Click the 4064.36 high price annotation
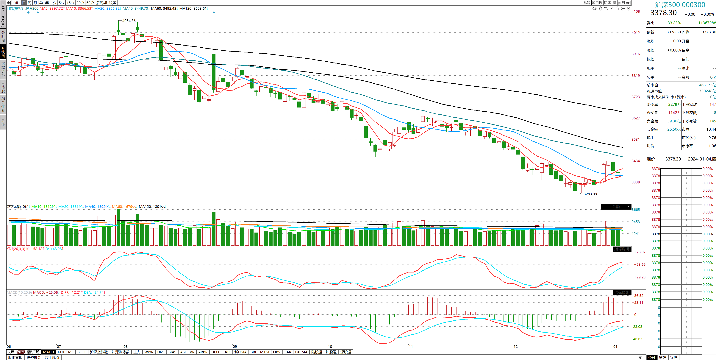(x=129, y=21)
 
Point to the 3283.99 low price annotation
(x=590, y=194)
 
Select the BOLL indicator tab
(x=82, y=352)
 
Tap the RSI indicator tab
(x=71, y=352)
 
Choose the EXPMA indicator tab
(x=301, y=352)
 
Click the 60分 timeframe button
(x=90, y=3)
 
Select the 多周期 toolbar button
(x=101, y=3)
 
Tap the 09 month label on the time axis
(x=235, y=347)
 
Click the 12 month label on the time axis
(x=516, y=347)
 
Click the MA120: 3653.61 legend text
(x=193, y=8)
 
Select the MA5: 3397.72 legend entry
(x=51, y=8)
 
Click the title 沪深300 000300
(x=680, y=5)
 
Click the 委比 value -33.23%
(x=673, y=23)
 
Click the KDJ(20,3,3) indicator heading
(x=16, y=249)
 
